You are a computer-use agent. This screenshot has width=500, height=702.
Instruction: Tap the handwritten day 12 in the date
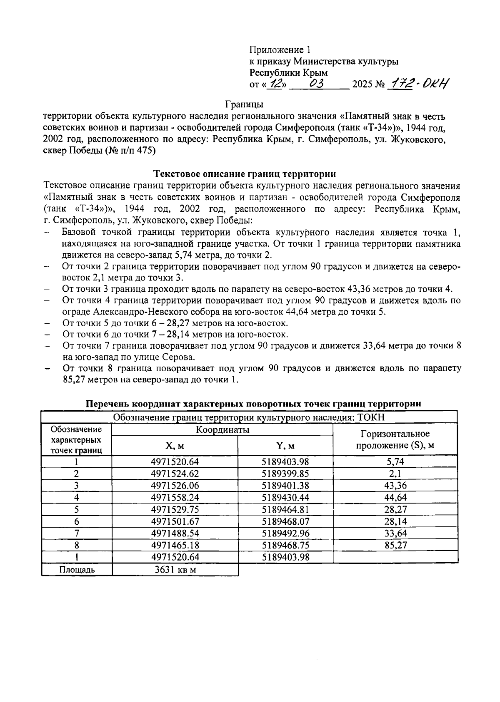275,84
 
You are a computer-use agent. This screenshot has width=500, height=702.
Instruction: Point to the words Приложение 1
280,50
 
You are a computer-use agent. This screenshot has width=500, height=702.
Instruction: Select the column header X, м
175,446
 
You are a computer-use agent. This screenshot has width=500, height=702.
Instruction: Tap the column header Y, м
285,446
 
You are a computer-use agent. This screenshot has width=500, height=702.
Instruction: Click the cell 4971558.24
175,497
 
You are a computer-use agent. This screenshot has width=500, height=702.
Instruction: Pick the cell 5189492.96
285,533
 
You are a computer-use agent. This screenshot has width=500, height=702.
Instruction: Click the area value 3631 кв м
175,570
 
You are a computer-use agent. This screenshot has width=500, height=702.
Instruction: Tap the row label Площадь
77,570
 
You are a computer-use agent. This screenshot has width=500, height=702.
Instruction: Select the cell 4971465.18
175,545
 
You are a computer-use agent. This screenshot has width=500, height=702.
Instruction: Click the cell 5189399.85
285,473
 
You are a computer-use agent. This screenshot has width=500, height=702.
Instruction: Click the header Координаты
223,430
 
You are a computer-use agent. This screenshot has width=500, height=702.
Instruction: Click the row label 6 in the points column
77,521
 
